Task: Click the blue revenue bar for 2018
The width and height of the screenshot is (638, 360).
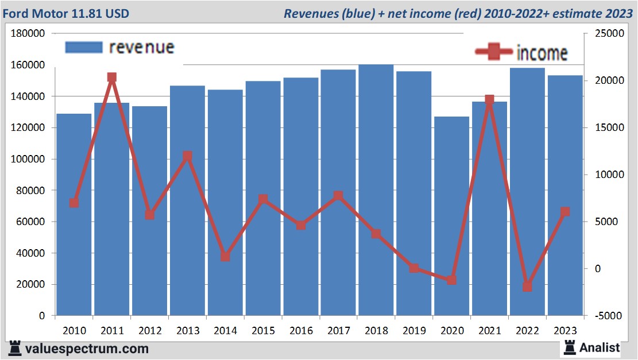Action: (x=376, y=189)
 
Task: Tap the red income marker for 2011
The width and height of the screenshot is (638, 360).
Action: (x=112, y=78)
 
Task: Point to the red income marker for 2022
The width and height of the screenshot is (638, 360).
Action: (x=527, y=287)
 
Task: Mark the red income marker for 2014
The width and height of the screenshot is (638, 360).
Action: (x=225, y=257)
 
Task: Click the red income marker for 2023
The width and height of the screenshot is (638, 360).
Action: (x=565, y=212)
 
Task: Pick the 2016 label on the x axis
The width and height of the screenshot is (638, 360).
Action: (x=301, y=331)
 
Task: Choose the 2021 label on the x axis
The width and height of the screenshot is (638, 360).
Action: (x=489, y=331)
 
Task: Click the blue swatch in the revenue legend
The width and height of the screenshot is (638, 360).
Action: (x=84, y=47)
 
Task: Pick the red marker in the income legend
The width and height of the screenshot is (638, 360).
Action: (x=494, y=52)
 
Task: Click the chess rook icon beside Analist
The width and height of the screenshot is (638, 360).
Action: (x=570, y=347)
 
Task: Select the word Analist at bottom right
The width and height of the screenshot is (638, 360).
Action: (x=600, y=347)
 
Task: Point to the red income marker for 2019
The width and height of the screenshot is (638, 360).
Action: (x=414, y=268)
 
